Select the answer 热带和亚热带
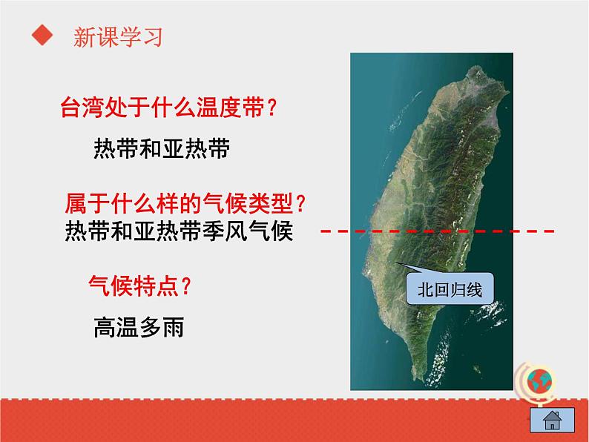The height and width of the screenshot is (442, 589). click(162, 149)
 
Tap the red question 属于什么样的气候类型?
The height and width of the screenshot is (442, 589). click(186, 202)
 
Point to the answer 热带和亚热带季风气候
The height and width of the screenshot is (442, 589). click(180, 231)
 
